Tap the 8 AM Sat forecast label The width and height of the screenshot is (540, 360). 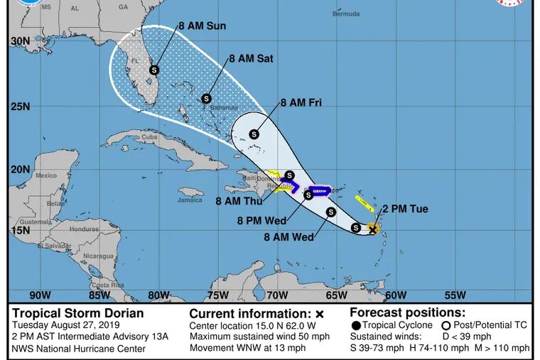[251, 59]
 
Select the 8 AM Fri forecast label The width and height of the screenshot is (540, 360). [301, 103]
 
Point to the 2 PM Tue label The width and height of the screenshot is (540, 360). [405, 209]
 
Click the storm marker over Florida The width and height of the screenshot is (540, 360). [153, 70]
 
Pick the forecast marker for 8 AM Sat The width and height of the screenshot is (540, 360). [207, 99]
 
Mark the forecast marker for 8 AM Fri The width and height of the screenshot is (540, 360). [254, 133]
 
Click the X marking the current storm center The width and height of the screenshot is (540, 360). [372, 229]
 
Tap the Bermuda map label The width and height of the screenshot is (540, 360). [346, 13]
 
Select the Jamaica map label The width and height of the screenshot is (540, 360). [190, 200]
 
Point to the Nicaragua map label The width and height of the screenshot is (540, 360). [97, 256]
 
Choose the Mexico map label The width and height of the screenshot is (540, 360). [45, 175]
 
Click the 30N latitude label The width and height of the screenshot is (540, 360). [20, 42]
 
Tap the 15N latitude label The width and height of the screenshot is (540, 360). [20, 231]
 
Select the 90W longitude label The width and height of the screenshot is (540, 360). [40, 295]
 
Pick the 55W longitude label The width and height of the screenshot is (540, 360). [455, 295]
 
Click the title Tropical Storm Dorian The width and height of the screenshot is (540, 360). [77, 313]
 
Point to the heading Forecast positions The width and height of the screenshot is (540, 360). [407, 312]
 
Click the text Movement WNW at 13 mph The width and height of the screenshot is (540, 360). [247, 348]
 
